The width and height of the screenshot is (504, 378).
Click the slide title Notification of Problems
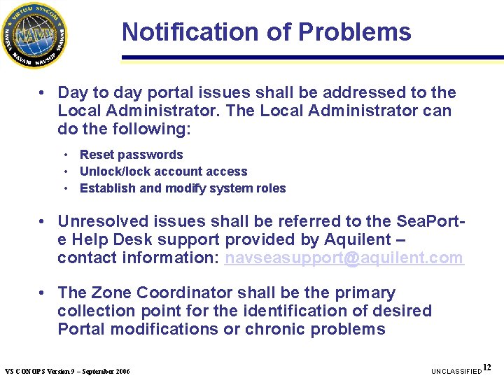pyautogui.click(x=266, y=32)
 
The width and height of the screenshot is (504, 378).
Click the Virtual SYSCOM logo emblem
pyautogui.click(x=34, y=34)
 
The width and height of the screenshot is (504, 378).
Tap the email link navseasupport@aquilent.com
pyautogui.click(x=344, y=258)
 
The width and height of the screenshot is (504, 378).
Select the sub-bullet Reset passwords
pyautogui.click(x=131, y=155)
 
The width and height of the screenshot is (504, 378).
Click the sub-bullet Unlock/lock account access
pyautogui.click(x=163, y=171)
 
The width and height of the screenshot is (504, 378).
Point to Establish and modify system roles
pyautogui.click(x=183, y=188)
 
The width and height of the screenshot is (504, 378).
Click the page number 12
pyautogui.click(x=487, y=367)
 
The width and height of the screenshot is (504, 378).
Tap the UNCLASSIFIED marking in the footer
pyautogui.click(x=456, y=370)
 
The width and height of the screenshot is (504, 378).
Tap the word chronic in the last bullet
pyautogui.click(x=279, y=329)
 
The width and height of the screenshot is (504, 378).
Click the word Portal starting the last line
pyautogui.click(x=81, y=329)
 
